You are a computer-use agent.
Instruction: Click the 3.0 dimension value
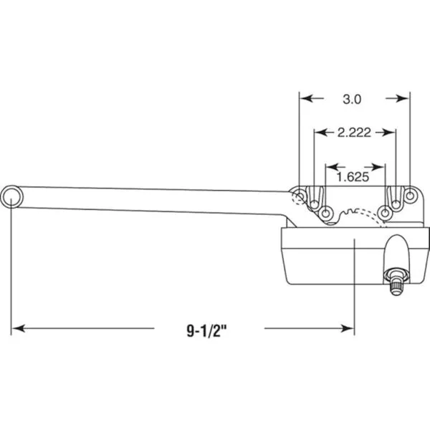point(352,99)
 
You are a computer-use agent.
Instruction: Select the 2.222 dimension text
point(354,133)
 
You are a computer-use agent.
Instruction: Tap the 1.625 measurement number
point(353,177)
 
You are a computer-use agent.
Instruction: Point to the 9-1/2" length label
point(207,330)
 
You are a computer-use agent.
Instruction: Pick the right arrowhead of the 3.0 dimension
point(403,98)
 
